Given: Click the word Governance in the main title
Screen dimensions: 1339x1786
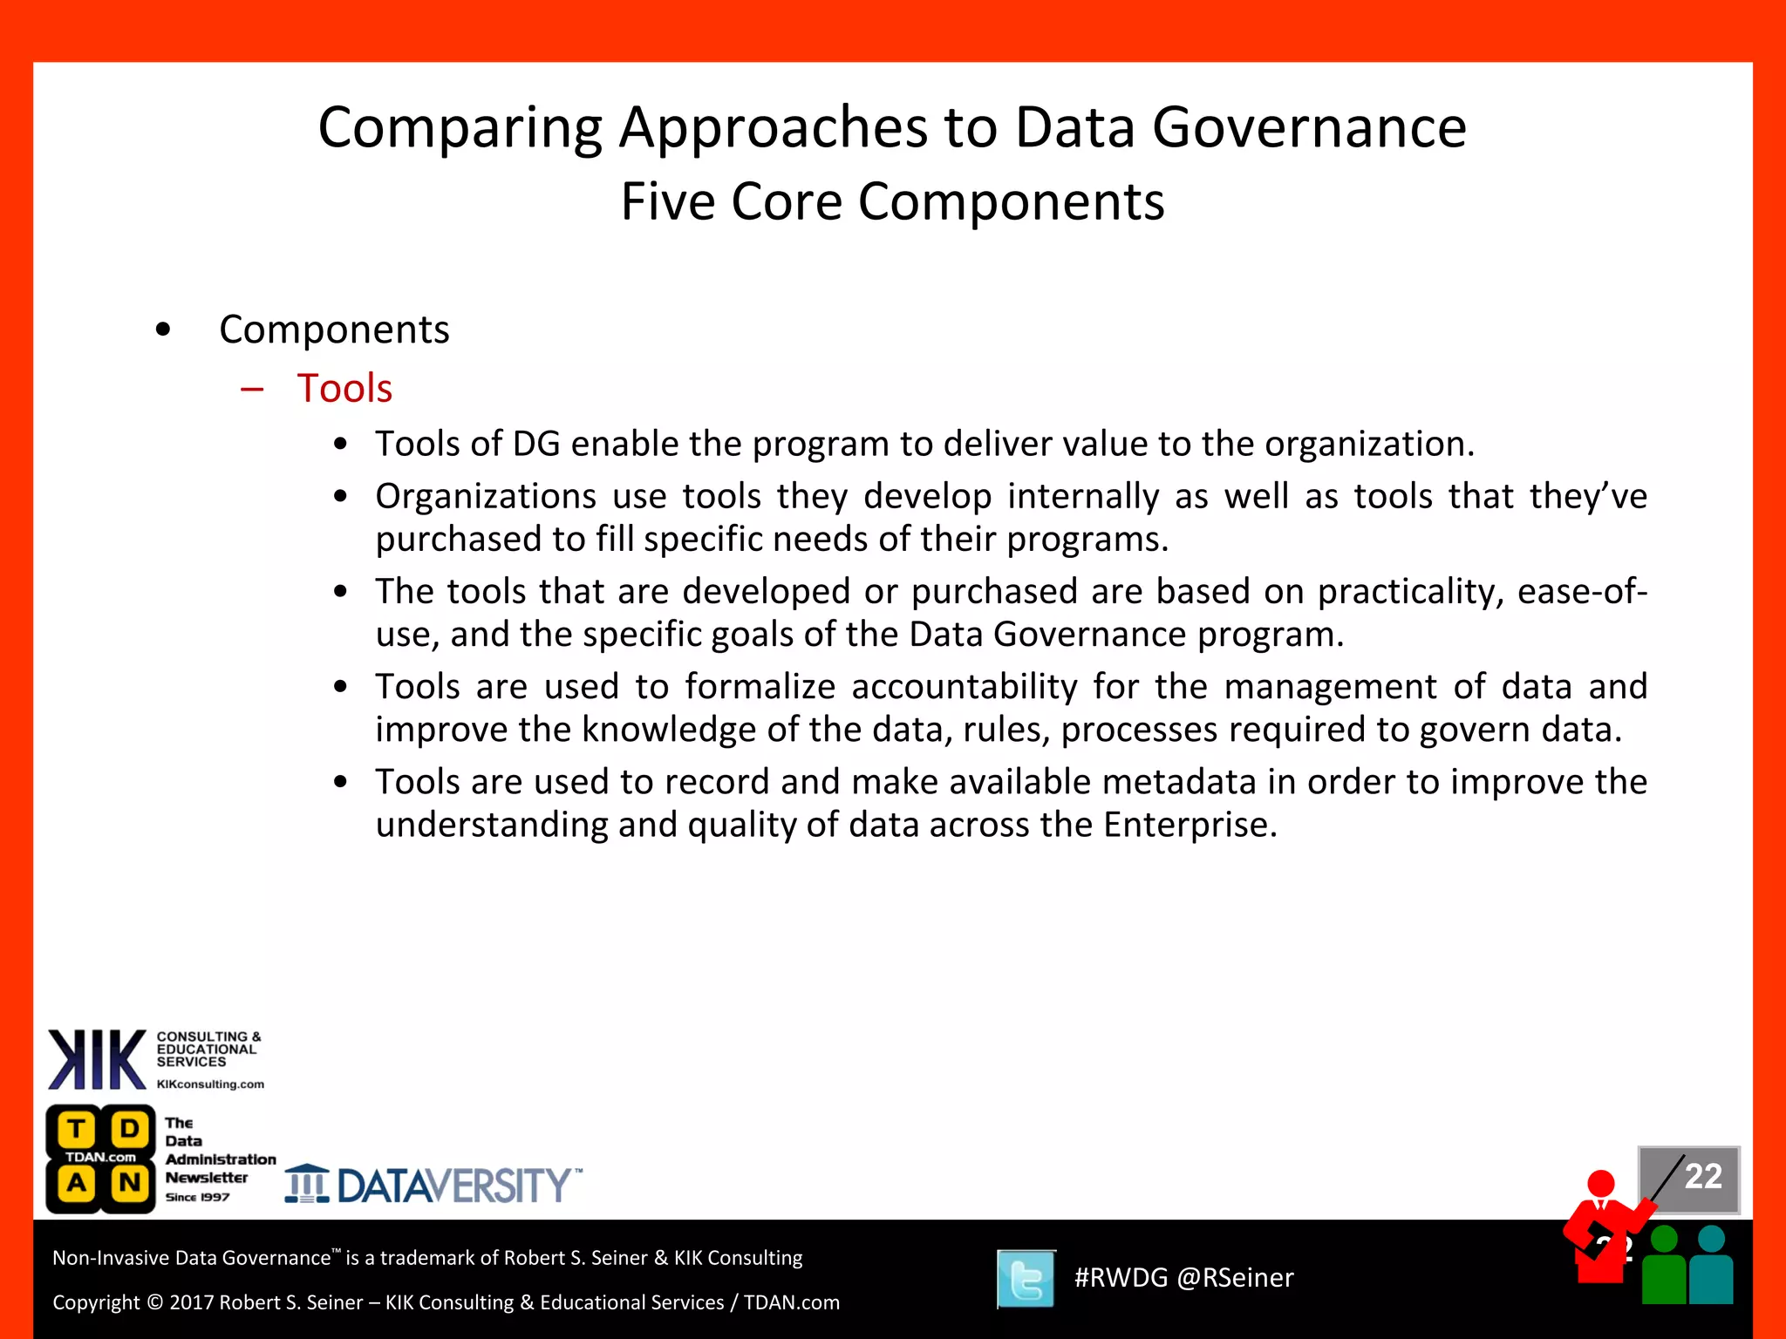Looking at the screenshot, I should click(1309, 128).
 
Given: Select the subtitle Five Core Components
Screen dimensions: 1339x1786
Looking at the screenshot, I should click(892, 202).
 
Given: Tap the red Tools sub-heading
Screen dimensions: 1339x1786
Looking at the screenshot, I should click(344, 388).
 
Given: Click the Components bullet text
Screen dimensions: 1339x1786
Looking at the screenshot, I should click(334, 330).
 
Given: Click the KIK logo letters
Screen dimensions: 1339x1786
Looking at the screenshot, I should click(97, 1059).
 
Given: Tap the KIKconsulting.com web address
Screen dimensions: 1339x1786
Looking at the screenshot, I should click(210, 1084).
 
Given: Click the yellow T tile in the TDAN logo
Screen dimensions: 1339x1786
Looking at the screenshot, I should click(77, 1129).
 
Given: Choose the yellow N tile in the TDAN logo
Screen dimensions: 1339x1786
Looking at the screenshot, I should click(130, 1183).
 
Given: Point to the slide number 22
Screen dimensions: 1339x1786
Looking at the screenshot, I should click(1702, 1176).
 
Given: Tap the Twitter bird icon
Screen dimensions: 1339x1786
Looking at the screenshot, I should click(1026, 1279).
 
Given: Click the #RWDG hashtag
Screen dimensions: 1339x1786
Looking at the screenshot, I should click(1121, 1278).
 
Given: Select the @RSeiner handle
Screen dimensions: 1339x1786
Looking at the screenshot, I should click(1235, 1278).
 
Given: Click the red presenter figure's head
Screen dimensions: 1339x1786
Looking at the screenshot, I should click(1601, 1183).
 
